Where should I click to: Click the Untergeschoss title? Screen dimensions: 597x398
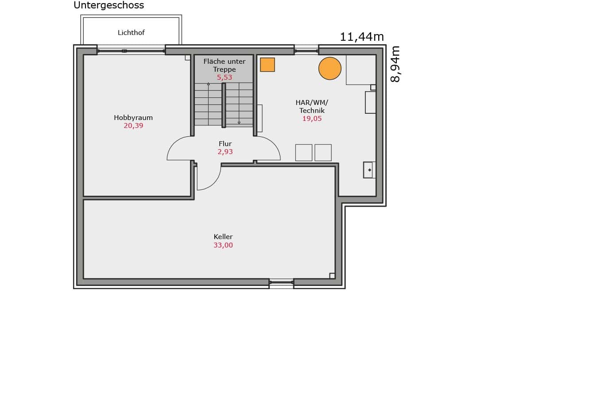109,5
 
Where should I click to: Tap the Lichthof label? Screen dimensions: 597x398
131,32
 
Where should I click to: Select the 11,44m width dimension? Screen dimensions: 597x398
362,37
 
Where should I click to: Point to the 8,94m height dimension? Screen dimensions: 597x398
395,64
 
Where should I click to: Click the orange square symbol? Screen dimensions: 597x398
267,65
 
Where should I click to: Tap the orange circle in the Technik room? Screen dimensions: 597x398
330,69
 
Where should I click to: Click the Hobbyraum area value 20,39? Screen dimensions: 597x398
133,126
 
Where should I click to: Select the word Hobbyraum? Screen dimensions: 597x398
133,118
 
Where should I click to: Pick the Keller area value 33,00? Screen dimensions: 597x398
223,245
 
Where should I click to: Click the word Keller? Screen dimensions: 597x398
223,236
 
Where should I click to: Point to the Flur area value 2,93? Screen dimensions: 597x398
225,152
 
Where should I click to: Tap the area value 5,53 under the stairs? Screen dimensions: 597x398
225,77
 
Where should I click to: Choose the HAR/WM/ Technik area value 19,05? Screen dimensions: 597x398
312,119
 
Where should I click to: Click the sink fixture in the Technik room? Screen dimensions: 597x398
369,170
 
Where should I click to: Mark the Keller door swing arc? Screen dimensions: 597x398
214,182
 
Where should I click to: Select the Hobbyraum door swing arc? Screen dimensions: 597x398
174,143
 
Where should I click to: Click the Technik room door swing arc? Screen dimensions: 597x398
273,144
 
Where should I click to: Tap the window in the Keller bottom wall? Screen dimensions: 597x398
281,282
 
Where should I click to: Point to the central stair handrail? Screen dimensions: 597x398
224,105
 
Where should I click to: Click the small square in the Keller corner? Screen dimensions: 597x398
332,276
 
